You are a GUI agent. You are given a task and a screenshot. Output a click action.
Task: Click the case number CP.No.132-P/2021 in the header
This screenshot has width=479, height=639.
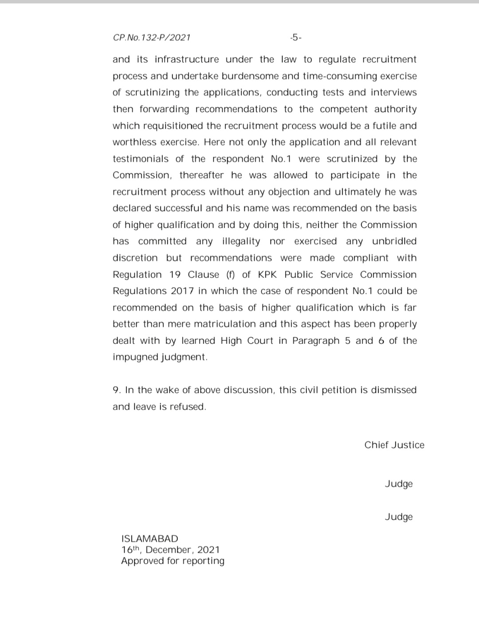(152, 38)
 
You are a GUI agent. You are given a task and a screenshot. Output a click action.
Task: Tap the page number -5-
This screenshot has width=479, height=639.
(295, 38)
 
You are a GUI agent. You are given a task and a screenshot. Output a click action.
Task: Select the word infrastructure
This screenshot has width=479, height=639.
(187, 59)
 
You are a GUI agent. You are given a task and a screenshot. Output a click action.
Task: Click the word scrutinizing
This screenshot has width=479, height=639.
(153, 92)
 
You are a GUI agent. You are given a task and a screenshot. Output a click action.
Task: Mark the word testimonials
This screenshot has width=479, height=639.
(141, 159)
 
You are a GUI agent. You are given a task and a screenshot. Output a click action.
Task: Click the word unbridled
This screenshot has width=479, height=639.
(394, 241)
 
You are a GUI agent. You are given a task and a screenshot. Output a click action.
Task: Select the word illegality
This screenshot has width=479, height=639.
(241, 241)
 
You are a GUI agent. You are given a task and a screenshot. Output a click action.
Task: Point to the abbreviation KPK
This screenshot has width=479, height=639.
(267, 275)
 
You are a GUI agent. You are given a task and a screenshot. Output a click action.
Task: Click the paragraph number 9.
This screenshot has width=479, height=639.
(117, 390)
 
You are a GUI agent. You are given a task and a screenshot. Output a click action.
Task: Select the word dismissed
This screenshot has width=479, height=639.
(394, 390)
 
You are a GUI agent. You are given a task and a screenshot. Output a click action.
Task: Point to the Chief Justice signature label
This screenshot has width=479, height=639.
(394, 445)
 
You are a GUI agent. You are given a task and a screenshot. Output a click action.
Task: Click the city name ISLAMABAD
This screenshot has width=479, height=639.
(149, 539)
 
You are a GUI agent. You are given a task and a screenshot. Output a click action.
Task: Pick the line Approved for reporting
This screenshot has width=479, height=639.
(173, 561)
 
